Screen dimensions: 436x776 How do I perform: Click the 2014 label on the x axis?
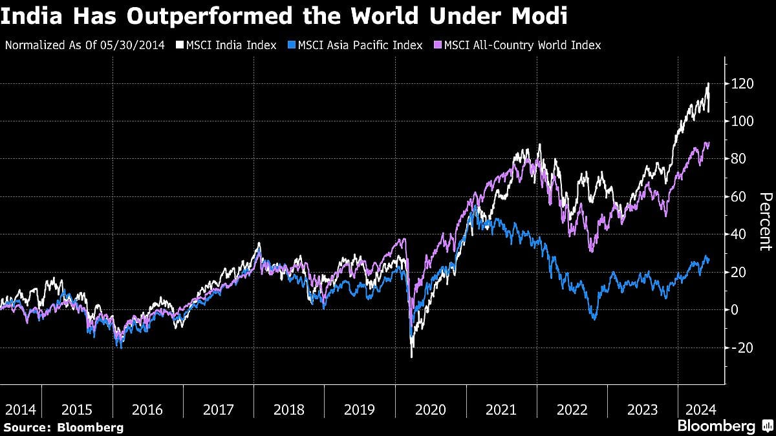[20, 410]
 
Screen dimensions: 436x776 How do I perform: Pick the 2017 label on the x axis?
[218, 410]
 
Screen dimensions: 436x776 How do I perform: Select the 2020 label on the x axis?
[431, 410]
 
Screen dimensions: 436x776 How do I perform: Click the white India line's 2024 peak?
[708, 83]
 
